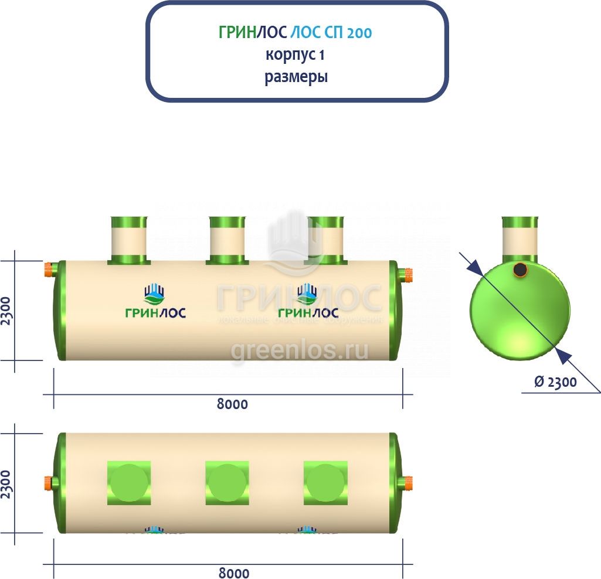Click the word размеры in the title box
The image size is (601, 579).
click(x=296, y=77)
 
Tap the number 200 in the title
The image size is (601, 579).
click(x=358, y=33)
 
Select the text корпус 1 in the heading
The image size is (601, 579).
click(x=296, y=55)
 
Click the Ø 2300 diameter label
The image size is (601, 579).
click(x=555, y=382)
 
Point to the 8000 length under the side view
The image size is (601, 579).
click(x=233, y=404)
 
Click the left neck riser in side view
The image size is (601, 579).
click(x=128, y=240)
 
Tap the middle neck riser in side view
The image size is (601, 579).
click(x=227, y=240)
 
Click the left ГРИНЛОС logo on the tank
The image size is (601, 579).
click(x=155, y=302)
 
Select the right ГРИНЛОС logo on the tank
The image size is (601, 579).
click(x=307, y=302)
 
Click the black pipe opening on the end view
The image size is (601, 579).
click(x=519, y=270)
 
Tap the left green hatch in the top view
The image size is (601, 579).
click(x=128, y=483)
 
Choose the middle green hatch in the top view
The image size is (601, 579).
click(x=227, y=483)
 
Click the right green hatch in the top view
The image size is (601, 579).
click(x=325, y=483)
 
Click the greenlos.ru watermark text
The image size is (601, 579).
click(x=300, y=350)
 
